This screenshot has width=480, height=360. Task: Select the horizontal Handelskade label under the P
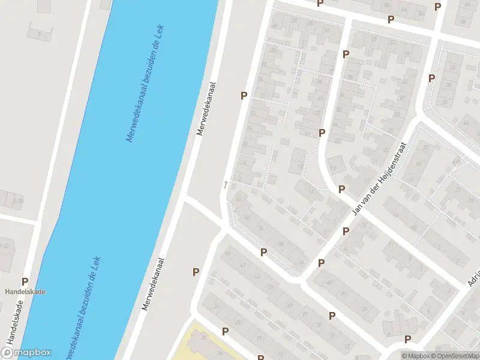25,292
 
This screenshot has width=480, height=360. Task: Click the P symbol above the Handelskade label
25,281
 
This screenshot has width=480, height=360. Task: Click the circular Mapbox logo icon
7,353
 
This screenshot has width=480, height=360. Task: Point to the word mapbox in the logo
32,353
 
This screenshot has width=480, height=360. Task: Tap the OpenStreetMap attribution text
459,356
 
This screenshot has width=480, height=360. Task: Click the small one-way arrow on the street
226,184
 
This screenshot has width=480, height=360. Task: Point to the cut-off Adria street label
473,276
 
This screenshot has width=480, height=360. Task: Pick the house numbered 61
227,253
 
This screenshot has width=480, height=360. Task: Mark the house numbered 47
242,265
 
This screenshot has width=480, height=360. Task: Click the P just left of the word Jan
341,189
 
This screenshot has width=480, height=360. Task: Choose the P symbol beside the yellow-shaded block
225,331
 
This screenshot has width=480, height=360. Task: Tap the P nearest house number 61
196,272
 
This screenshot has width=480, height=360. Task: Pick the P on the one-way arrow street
244,95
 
